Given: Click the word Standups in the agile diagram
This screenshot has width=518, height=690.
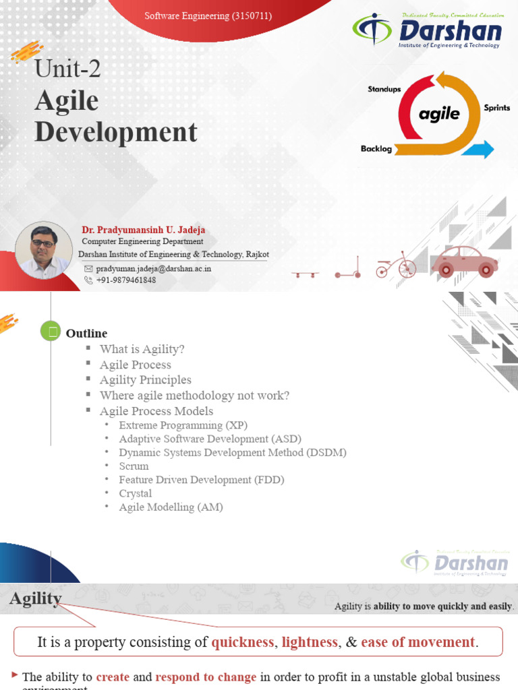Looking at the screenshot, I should [384, 89].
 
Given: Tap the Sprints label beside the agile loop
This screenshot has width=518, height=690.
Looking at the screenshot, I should [496, 108].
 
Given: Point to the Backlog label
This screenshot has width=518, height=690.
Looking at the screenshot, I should [376, 149].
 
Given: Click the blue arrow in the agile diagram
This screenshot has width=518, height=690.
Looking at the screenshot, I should [482, 149].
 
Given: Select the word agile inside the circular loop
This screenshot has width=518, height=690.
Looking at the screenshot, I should [439, 114].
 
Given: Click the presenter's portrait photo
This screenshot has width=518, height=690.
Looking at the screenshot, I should [44, 250].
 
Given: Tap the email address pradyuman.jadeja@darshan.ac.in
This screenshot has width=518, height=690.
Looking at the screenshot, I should [153, 268].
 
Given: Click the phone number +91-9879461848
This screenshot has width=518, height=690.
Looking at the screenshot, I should [126, 280].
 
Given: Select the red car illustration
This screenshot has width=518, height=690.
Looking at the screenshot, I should [464, 261].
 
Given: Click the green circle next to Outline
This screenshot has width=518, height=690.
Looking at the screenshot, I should [51, 332].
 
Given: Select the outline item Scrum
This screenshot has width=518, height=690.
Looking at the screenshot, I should [134, 466].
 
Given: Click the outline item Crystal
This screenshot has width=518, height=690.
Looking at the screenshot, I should [136, 493].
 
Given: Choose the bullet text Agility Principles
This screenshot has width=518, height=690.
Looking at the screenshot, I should [145, 380].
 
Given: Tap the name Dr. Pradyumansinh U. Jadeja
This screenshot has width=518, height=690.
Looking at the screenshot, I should [143, 230].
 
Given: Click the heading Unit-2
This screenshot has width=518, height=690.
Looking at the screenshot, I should [67, 68].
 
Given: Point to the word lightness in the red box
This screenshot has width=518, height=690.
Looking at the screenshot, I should [310, 642].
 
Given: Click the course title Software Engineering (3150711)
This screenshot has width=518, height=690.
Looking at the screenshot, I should [208, 15].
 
